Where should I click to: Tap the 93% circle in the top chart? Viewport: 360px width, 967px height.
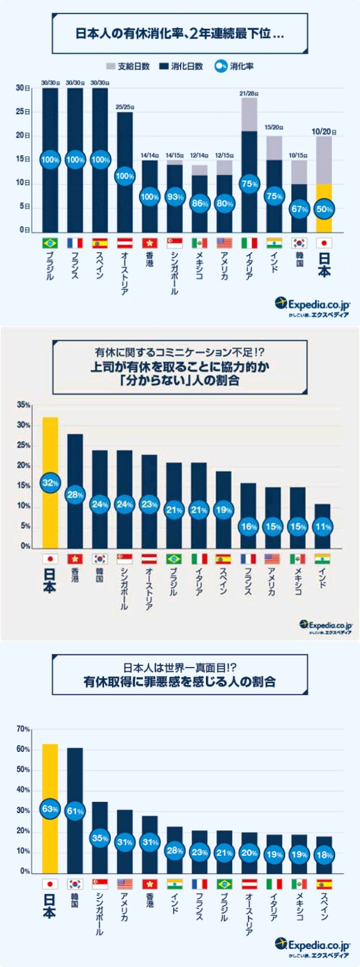pyautogui.click(x=175, y=197)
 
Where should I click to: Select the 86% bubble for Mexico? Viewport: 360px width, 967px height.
pyautogui.click(x=200, y=204)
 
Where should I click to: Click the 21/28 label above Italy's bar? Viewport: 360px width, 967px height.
pyautogui.click(x=249, y=93)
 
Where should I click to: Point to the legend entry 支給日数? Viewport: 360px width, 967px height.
pyautogui.click(x=128, y=66)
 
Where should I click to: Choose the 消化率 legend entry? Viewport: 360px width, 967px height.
pyautogui.click(x=234, y=66)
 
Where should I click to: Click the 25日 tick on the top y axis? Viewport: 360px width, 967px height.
pyautogui.click(x=23, y=112)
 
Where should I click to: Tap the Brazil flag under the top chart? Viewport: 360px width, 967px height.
pyautogui.click(x=50, y=243)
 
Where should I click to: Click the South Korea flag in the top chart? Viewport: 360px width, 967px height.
pyautogui.click(x=299, y=243)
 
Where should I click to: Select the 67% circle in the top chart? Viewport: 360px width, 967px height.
pyautogui.click(x=299, y=209)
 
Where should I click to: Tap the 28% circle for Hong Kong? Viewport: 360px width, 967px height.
pyautogui.click(x=75, y=495)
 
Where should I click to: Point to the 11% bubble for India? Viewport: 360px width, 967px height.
pyautogui.click(x=323, y=526)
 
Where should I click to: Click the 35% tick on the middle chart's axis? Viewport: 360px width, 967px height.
pyautogui.click(x=24, y=405)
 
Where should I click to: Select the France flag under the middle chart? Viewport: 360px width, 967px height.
pyautogui.click(x=248, y=559)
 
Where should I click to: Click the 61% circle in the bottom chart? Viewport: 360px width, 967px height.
pyautogui.click(x=75, y=811)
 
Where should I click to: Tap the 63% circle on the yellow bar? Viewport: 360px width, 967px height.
pyautogui.click(x=50, y=809)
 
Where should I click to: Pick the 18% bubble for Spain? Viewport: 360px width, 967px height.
pyautogui.click(x=324, y=855)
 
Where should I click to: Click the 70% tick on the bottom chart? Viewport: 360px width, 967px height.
pyautogui.click(x=23, y=729)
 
